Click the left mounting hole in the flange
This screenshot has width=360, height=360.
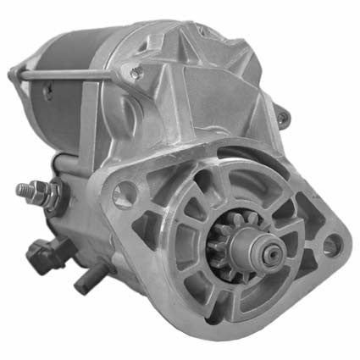(124, 194)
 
